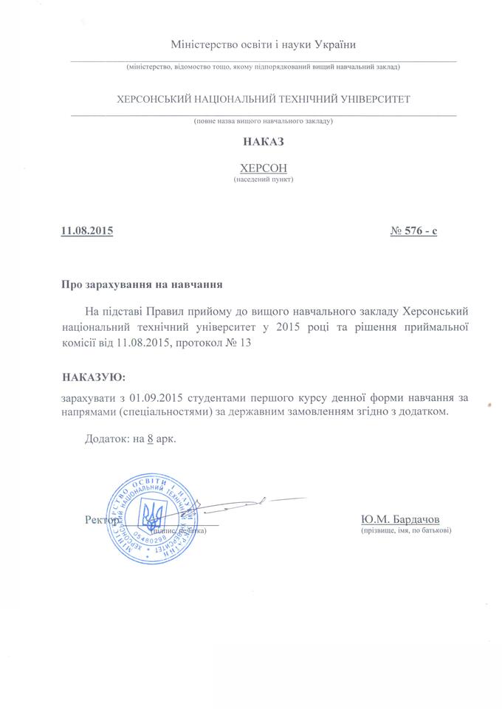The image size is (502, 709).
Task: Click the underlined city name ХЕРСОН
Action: point(263,167)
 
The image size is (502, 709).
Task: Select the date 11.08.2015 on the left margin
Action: point(87,231)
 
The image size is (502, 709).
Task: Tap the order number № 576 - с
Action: point(413,231)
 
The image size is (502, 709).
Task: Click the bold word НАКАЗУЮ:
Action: point(94,377)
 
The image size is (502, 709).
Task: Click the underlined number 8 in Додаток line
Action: point(151,438)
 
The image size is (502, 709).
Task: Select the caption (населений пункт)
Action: point(263,179)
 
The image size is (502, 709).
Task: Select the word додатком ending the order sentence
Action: point(421,412)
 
